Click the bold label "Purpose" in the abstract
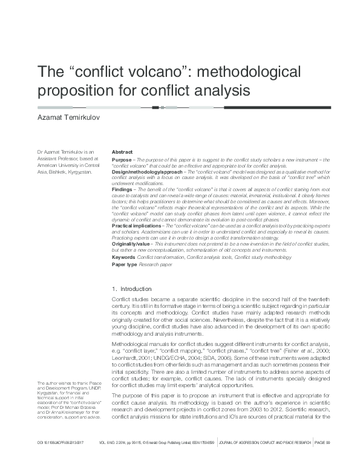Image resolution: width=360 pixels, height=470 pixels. (122, 160)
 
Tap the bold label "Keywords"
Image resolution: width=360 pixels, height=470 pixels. (123, 256)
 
